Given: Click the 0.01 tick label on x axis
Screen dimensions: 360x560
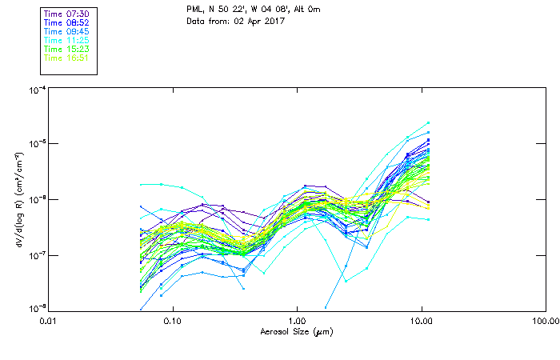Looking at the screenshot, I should click(x=49, y=322).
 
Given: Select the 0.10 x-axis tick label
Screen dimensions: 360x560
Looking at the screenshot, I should click(x=173, y=322).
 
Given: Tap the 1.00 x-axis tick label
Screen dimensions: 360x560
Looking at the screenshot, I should click(x=297, y=322).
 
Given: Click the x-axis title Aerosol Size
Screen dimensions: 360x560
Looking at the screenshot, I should click(x=297, y=331).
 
